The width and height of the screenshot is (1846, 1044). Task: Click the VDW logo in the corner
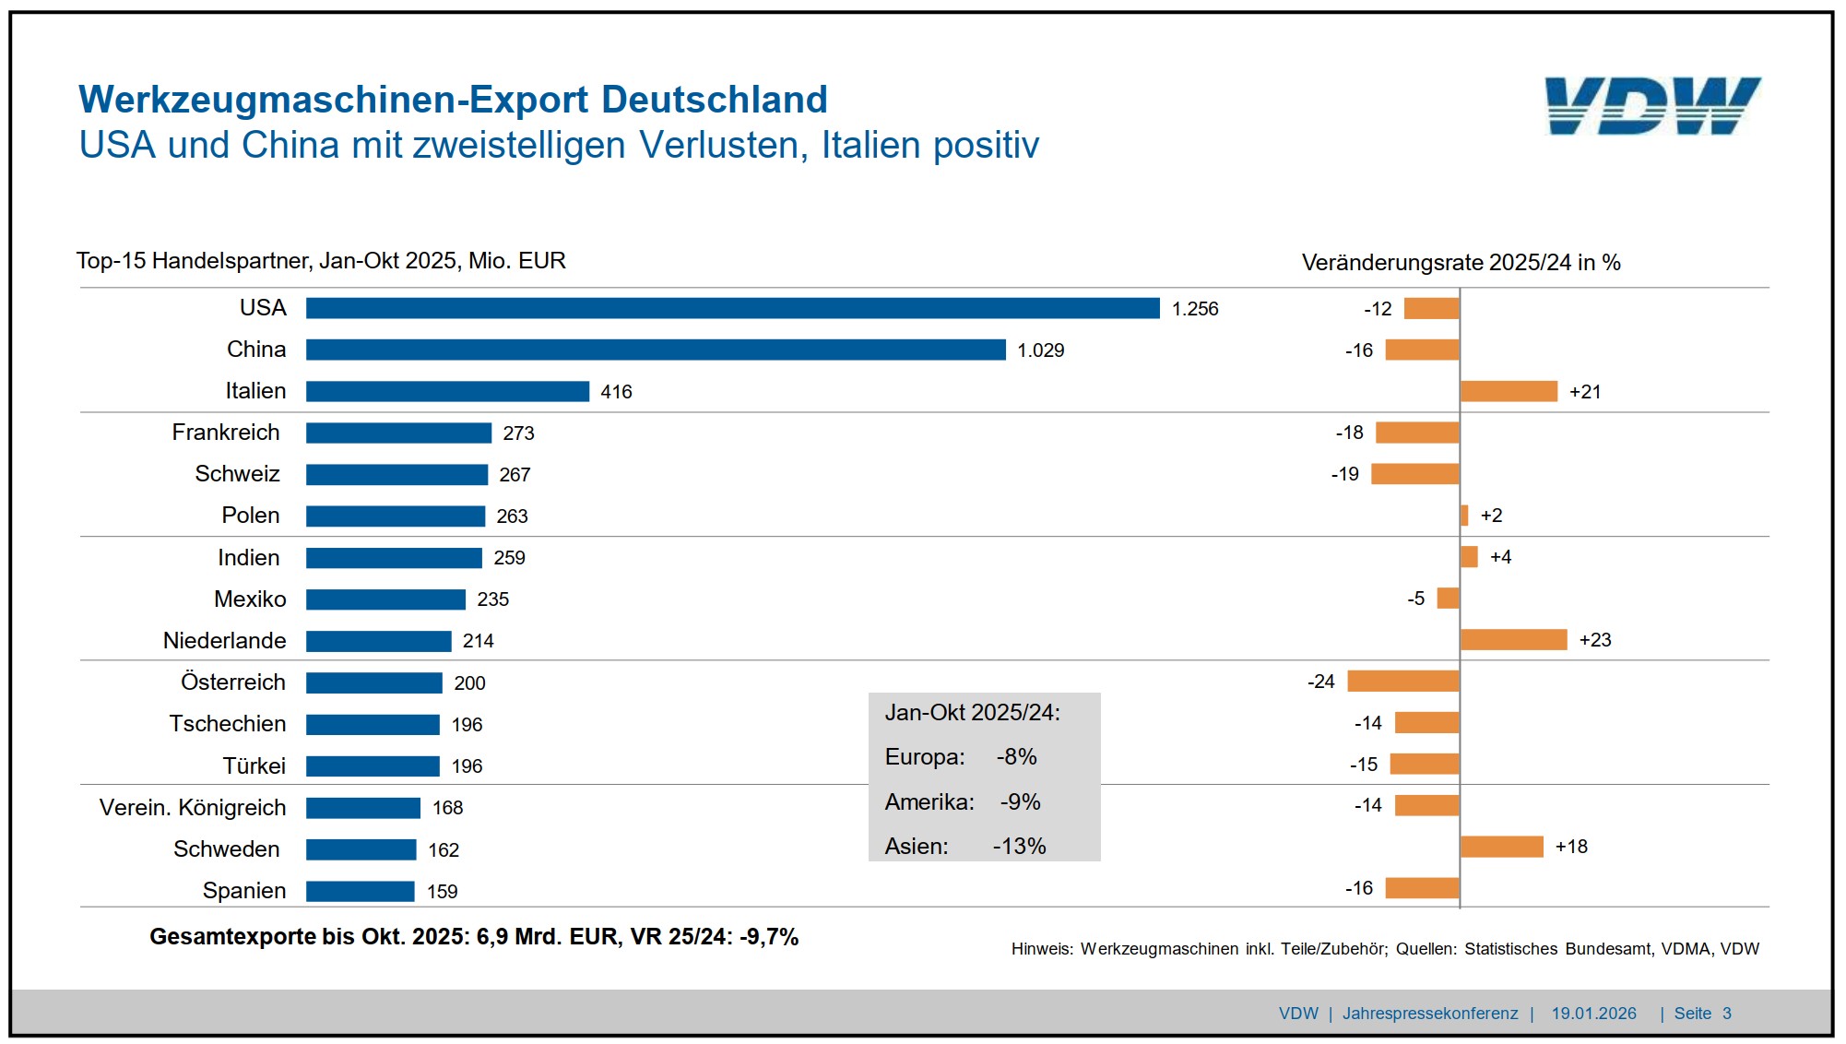point(1652,106)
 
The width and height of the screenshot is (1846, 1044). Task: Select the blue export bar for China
point(656,350)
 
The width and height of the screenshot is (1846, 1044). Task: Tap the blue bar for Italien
point(447,391)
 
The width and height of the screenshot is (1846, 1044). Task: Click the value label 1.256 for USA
point(1195,309)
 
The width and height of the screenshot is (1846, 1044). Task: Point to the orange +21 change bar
point(1509,391)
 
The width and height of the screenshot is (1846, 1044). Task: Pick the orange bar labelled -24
point(1402,682)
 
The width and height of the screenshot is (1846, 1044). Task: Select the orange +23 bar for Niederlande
point(1513,640)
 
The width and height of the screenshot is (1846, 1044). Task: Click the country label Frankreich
point(226,433)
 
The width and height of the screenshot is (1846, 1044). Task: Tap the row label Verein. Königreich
point(193,808)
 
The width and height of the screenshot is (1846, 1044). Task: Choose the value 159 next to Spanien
point(443,892)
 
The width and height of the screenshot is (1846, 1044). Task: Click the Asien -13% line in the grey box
point(965,847)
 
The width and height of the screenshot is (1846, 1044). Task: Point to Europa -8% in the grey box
point(961,757)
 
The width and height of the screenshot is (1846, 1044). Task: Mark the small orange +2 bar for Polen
point(1464,516)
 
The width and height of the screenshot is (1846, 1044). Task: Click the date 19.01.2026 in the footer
point(1593,1014)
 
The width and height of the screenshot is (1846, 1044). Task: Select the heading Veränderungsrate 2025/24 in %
point(1461,263)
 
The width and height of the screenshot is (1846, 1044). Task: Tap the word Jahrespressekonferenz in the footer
point(1429,1014)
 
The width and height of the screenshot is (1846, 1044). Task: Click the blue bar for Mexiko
point(385,599)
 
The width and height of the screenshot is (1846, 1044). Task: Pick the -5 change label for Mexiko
point(1416,599)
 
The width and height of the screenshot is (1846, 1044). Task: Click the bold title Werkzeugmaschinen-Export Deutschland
point(453,100)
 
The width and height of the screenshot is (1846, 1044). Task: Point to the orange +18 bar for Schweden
point(1501,847)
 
